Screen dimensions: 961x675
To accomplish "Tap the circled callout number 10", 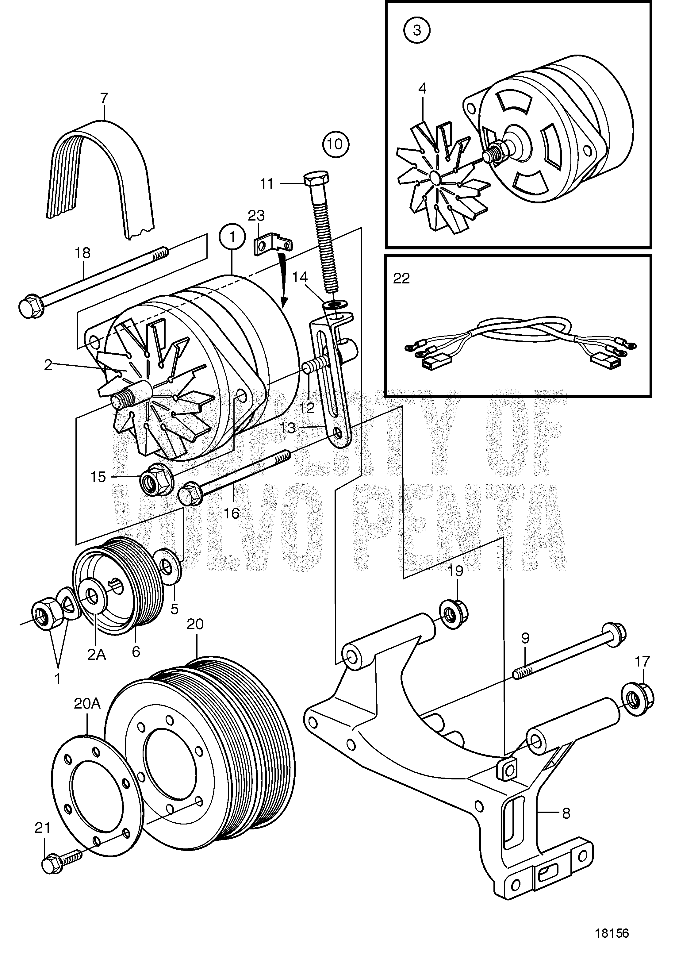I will click(x=335, y=144).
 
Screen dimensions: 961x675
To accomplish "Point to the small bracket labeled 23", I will click(x=272, y=245).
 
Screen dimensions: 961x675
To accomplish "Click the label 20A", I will click(x=87, y=704).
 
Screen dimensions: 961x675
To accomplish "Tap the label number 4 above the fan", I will click(x=422, y=89).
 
